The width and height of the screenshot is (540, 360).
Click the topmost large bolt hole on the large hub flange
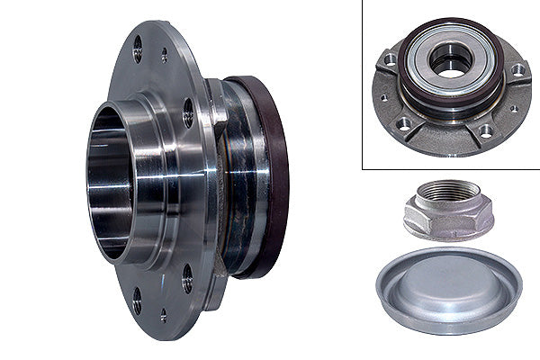(x=138, y=47)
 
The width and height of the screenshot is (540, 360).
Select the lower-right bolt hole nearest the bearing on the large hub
(x=187, y=274)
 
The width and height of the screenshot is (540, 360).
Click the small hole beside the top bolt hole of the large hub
(x=164, y=56)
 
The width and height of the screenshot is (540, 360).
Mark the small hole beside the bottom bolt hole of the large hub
(x=163, y=314)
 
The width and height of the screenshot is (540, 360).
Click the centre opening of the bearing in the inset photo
(x=447, y=60)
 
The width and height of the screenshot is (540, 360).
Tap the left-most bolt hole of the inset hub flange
(x=389, y=60)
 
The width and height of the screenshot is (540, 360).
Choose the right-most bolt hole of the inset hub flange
(x=517, y=70)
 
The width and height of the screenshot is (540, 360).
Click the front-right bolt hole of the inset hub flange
(x=486, y=130)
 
